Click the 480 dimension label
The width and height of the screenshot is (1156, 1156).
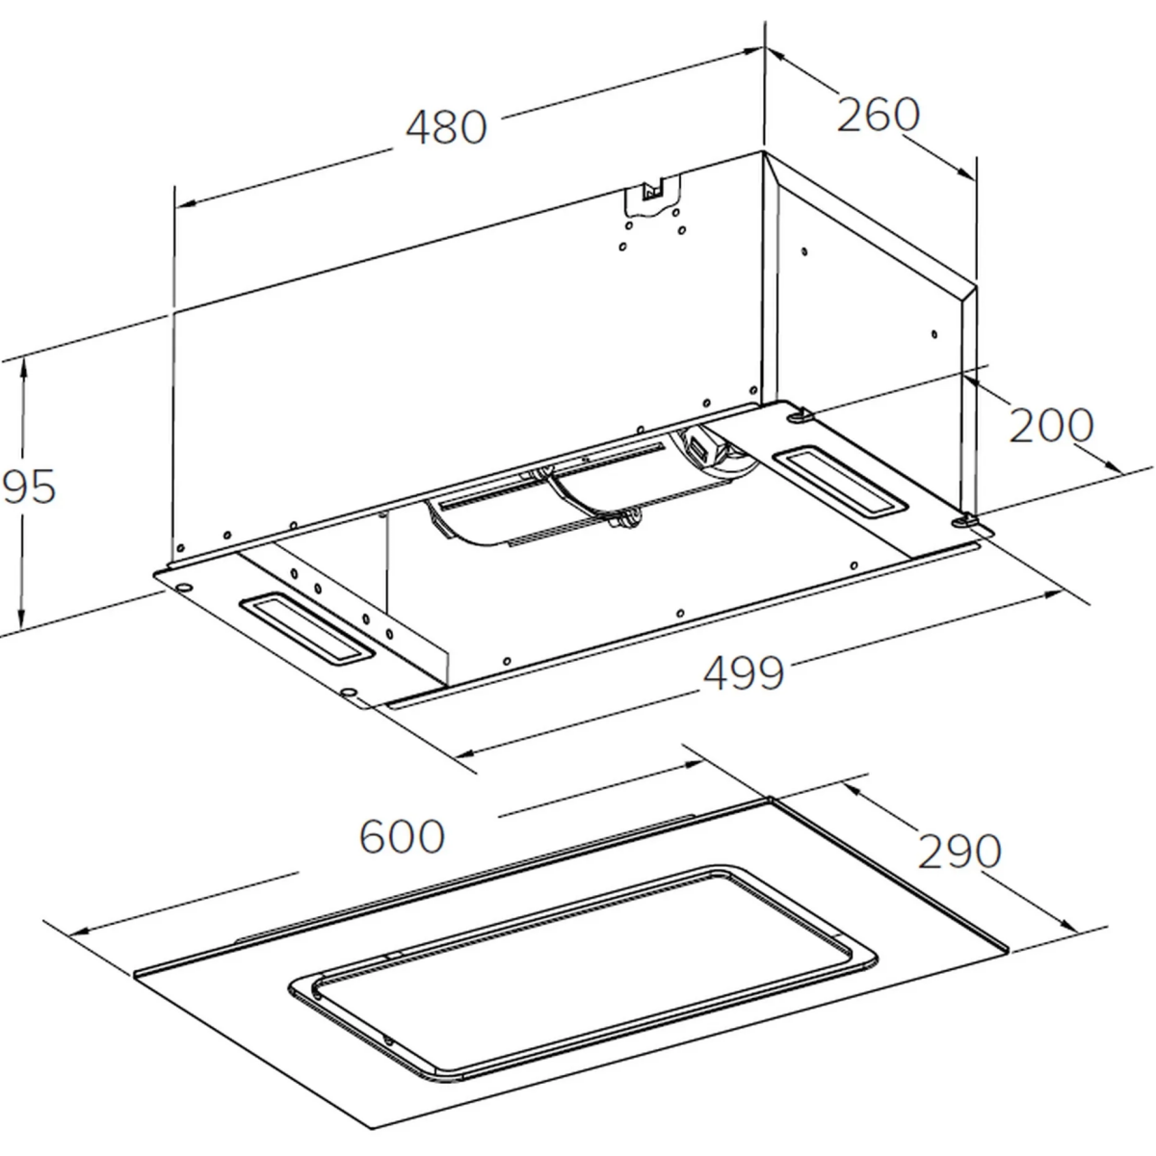pyautogui.click(x=446, y=127)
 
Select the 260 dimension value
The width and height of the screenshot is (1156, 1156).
pyautogui.click(x=878, y=115)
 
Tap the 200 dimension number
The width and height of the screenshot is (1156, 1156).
pyautogui.click(x=1051, y=425)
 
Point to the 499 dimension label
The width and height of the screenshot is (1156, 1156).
pyautogui.click(x=744, y=672)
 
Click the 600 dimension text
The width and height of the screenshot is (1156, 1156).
pyautogui.click(x=402, y=836)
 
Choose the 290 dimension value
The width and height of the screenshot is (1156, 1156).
pyautogui.click(x=959, y=851)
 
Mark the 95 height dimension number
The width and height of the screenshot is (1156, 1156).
pyautogui.click(x=29, y=487)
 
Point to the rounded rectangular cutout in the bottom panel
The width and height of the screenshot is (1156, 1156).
pyautogui.click(x=583, y=973)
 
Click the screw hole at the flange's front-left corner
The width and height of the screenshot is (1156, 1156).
pyautogui.click(x=351, y=692)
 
